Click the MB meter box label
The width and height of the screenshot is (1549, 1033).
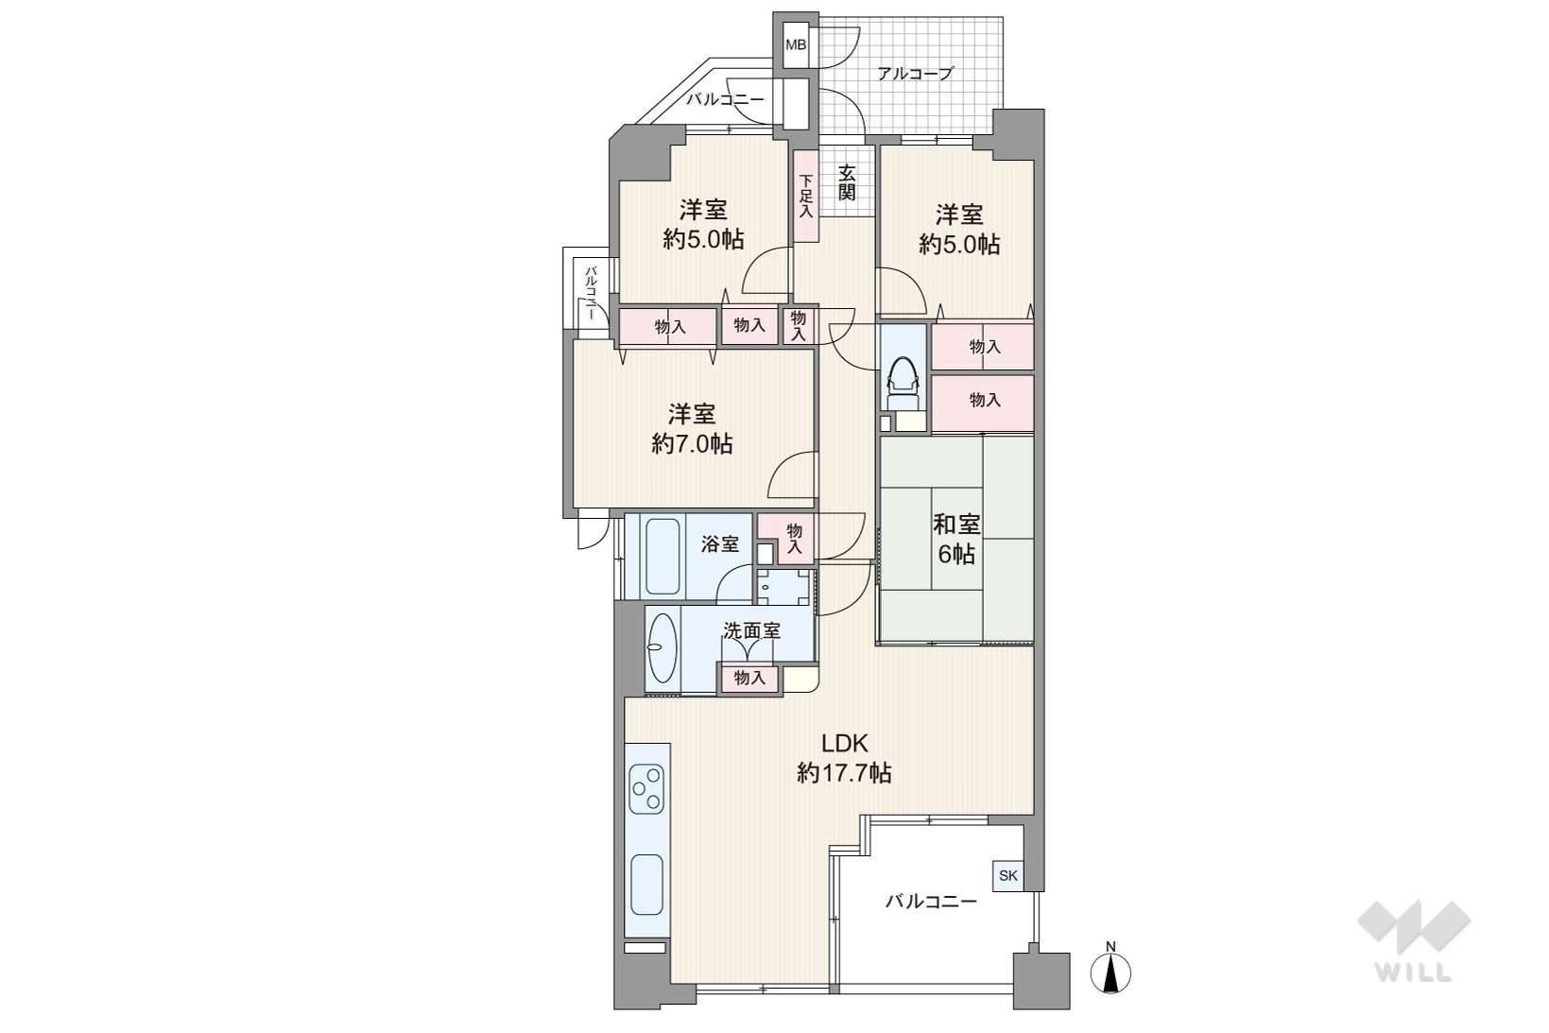(x=795, y=45)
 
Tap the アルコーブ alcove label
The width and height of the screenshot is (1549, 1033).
(x=915, y=73)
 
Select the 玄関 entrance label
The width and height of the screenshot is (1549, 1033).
(x=847, y=181)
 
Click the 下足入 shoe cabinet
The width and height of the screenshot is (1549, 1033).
(x=805, y=196)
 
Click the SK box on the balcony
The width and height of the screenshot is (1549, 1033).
(x=1008, y=875)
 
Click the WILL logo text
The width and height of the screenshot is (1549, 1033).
(x=1413, y=973)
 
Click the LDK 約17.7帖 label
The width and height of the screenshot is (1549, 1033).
(x=844, y=758)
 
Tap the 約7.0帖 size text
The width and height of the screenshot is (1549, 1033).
(x=692, y=443)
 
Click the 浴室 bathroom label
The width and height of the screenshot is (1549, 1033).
(x=720, y=544)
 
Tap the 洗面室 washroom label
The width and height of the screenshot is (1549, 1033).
(x=751, y=631)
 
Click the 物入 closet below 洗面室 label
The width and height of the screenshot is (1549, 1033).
(x=749, y=679)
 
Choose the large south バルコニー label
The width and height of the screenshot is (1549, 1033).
(x=932, y=902)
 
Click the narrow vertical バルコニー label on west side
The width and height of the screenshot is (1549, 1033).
(x=592, y=293)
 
